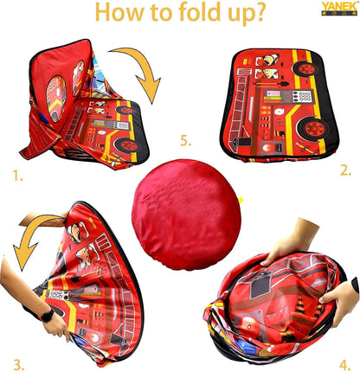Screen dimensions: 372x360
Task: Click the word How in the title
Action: point(121,16)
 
